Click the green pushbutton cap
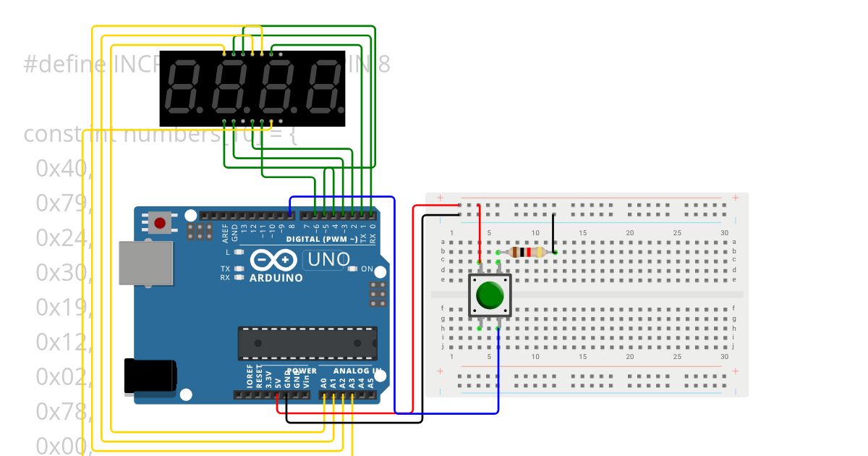tap(490, 295)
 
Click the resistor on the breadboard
tap(527, 252)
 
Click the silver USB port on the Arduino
tap(146, 263)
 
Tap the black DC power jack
tap(150, 376)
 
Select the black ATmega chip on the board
tap(307, 343)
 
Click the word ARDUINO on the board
tap(276, 277)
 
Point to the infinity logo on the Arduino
tap(273, 260)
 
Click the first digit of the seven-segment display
tap(184, 88)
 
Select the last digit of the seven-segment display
tap(323, 88)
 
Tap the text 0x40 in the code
tap(63, 168)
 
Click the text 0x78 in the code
tap(63, 411)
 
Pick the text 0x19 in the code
tap(63, 307)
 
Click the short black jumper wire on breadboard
tap(553, 232)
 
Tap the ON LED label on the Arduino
tap(367, 269)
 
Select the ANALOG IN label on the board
tap(357, 371)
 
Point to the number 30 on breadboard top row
tap(724, 232)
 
